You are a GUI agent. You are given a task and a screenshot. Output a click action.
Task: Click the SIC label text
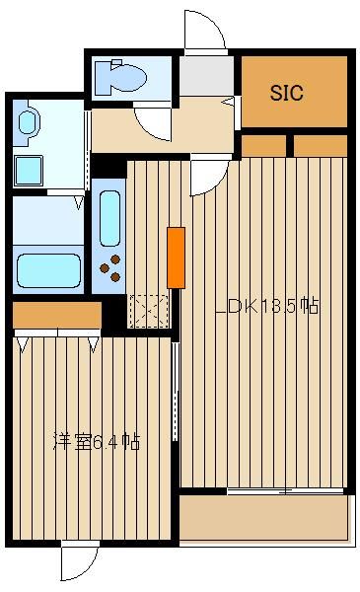coord(286,93)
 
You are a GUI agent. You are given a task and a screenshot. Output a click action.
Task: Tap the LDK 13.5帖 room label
coord(267,306)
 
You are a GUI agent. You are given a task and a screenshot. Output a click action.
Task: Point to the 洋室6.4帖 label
coord(97,441)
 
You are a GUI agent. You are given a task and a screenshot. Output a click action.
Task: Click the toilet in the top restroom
coord(120,77)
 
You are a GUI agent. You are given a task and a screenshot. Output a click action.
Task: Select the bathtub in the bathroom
coord(48,270)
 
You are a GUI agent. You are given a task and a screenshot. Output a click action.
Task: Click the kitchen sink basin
coord(109,218)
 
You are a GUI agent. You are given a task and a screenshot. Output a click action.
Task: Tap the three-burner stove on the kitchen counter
coord(110,268)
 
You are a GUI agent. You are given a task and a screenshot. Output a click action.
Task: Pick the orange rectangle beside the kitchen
coord(176,258)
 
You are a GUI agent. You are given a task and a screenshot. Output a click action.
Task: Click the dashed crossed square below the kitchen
coord(149,311)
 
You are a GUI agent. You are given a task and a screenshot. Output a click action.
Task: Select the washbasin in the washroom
coord(28,122)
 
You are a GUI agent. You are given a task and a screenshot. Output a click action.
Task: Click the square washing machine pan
coord(29,171)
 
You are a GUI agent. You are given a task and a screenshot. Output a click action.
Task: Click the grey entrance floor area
coord(206,76)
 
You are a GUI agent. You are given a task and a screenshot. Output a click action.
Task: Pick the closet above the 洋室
coord(57,315)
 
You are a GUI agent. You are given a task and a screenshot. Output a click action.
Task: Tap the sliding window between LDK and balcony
coord(285,491)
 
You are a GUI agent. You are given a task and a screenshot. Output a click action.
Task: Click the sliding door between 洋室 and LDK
coord(175,392)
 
